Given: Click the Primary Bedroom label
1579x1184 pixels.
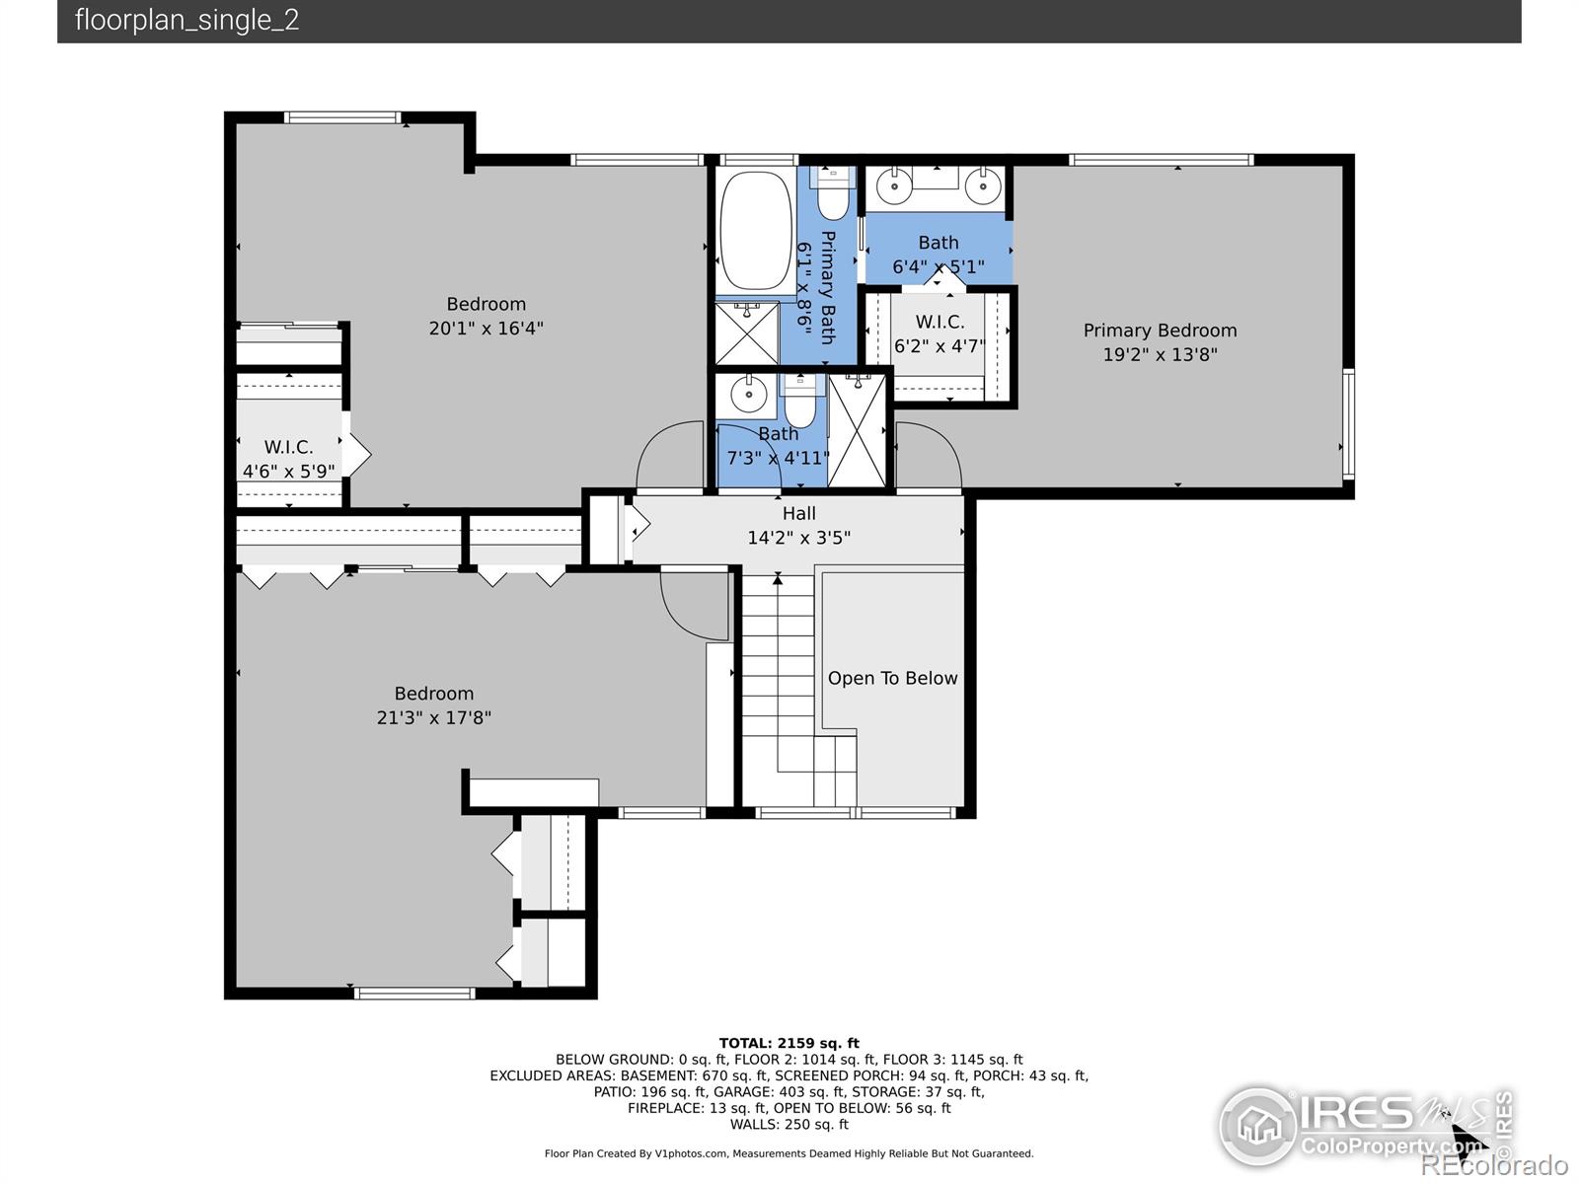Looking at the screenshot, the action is pyautogui.click(x=1160, y=331).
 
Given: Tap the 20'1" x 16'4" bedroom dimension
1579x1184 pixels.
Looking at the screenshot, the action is pyautogui.click(x=486, y=329).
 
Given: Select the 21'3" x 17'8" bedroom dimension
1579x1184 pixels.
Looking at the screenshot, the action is pyautogui.click(x=434, y=718).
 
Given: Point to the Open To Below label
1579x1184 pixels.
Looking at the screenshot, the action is pyautogui.click(x=892, y=678).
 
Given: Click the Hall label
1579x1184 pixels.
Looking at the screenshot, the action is pyautogui.click(x=798, y=513).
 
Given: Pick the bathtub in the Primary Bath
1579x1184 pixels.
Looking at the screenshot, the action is pyautogui.click(x=756, y=231).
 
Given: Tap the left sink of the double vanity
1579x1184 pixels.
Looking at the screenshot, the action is pyautogui.click(x=895, y=186).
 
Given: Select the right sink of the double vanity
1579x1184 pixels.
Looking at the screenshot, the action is pyautogui.click(x=983, y=186).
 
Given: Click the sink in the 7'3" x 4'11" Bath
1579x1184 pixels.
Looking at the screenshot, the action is pyautogui.click(x=749, y=395).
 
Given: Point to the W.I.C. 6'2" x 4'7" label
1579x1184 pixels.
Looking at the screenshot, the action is pyautogui.click(x=939, y=333).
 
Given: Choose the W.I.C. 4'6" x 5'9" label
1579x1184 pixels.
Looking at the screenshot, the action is pyautogui.click(x=288, y=459).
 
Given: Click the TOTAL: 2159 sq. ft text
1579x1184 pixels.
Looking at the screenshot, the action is pyautogui.click(x=789, y=1043).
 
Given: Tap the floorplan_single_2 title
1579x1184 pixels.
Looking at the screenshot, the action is pyautogui.click(x=188, y=20).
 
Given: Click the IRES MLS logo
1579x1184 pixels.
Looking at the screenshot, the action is pyautogui.click(x=1365, y=1127).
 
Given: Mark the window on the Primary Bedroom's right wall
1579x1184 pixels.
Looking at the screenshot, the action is pyautogui.click(x=1349, y=424).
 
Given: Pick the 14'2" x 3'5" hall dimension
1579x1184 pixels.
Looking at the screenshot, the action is pyautogui.click(x=798, y=538).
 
